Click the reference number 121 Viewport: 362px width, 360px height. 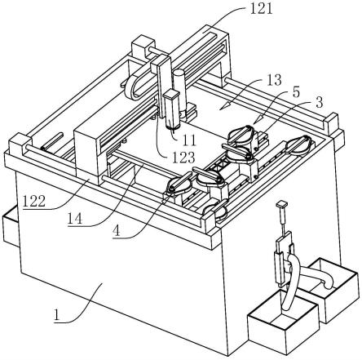click(261, 9)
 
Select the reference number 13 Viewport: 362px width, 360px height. click(274, 80)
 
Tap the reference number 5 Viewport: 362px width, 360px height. click(296, 92)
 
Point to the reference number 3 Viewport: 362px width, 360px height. click(320, 103)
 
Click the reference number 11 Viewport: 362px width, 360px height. click(189, 140)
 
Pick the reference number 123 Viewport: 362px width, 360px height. click(183, 158)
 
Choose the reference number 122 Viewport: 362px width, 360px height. click(34, 202)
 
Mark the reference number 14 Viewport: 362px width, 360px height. click(75, 219)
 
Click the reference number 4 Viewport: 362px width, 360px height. click(117, 231)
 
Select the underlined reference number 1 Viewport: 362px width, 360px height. click(57, 316)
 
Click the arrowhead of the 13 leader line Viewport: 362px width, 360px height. click(222, 106)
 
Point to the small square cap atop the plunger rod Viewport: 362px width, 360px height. click(282, 204)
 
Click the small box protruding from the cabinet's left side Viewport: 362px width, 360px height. click(10, 228)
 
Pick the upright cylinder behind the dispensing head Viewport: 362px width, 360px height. click(179, 91)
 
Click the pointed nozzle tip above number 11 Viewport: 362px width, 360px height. click(172, 131)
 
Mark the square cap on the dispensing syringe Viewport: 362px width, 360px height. click(171, 95)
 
